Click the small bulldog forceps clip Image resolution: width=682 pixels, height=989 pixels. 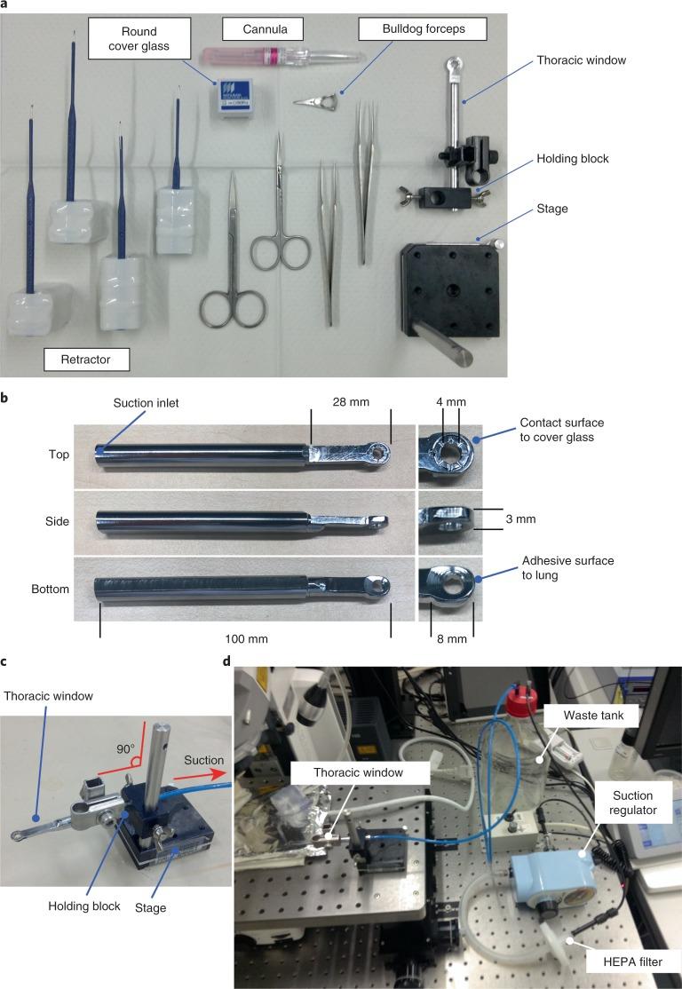point(318,108)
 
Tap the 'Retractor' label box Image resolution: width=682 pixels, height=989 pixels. point(87,360)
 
